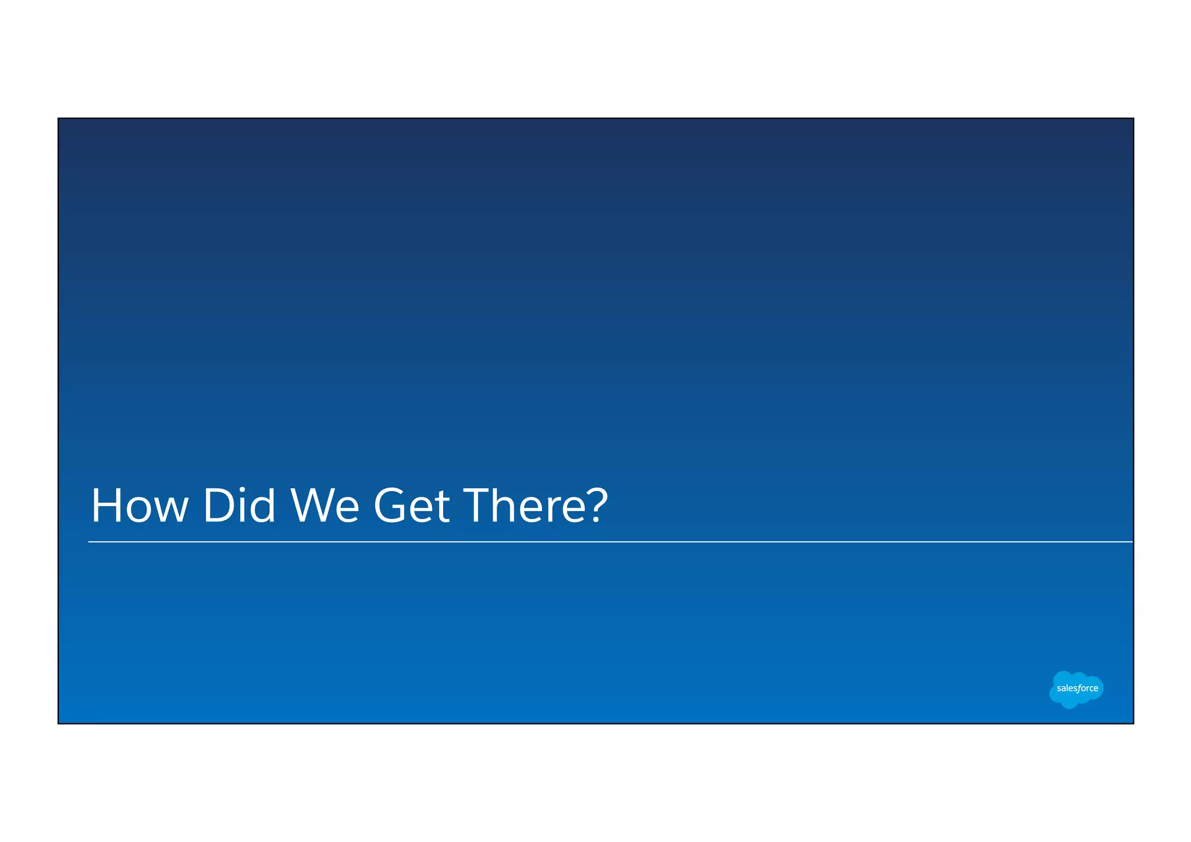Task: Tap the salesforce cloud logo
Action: pos(1076,689)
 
